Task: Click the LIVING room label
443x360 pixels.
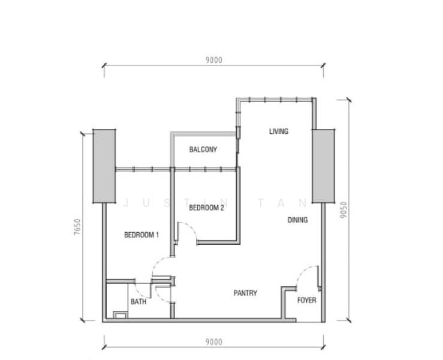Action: tap(279, 131)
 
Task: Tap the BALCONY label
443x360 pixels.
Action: tap(203, 149)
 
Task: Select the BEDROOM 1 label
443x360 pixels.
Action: tap(141, 235)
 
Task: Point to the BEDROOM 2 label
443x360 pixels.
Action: tap(207, 208)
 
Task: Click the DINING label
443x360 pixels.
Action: tap(297, 220)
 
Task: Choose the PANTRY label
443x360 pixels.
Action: tap(245, 293)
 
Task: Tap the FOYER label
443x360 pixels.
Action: tap(306, 300)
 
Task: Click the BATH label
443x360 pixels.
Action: tap(138, 302)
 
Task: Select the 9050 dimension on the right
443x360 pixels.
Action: tap(343, 210)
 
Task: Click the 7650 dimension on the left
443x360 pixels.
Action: tap(77, 227)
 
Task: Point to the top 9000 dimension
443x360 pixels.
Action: tap(214, 60)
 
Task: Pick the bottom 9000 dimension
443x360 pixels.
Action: tap(214, 342)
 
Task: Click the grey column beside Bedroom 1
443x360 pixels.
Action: tap(104, 166)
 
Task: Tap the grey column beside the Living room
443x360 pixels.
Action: tap(323, 166)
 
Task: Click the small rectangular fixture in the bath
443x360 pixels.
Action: tap(120, 315)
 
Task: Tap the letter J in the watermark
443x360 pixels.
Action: tap(126, 203)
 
